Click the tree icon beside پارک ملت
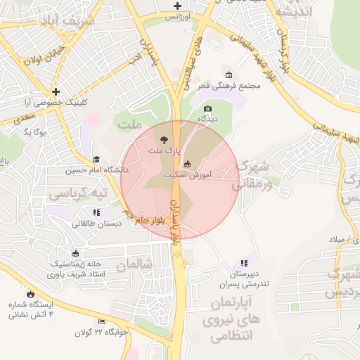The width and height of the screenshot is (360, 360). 165,139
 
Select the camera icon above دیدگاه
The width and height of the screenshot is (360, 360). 207,108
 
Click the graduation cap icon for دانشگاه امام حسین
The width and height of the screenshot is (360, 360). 96,160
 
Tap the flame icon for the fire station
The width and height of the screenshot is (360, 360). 31,294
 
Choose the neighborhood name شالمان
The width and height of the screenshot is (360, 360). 134,265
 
